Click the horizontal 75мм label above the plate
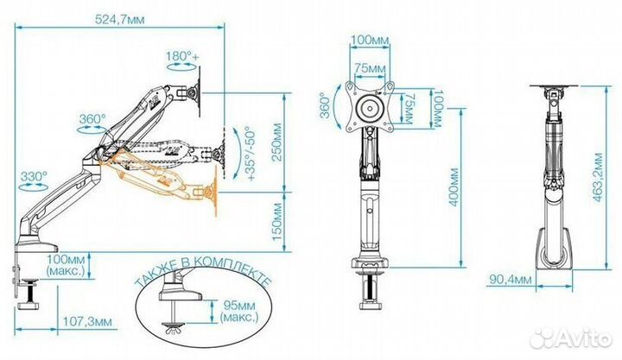[x=371, y=68]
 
